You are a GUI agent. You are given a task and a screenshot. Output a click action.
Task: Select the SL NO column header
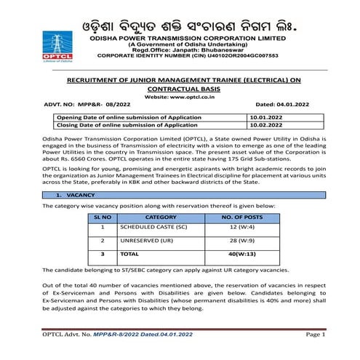click(102, 217)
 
